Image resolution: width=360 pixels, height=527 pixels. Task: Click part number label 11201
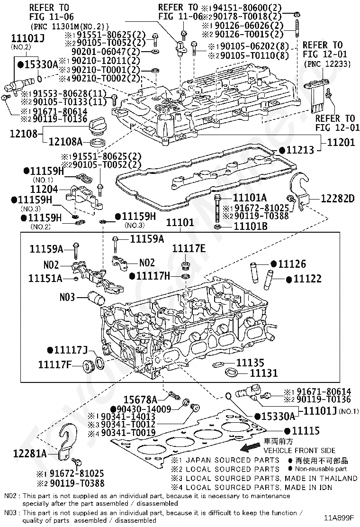[x=341, y=142]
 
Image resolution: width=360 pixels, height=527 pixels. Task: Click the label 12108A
[x=65, y=142]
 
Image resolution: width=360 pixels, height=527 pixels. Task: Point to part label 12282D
[x=337, y=198]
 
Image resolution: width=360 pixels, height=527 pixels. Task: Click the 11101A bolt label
[x=250, y=197]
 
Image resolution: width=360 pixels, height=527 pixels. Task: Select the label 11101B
[x=251, y=226]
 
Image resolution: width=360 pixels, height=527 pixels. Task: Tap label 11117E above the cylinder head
[x=189, y=248]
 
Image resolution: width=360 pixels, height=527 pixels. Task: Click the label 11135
[x=250, y=363]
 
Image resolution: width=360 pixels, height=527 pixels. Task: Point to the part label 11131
[x=264, y=373]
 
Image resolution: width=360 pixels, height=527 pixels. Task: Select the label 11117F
[x=55, y=364]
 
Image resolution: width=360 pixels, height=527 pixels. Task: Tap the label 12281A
[x=30, y=454]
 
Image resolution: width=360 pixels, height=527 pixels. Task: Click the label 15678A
[x=140, y=400]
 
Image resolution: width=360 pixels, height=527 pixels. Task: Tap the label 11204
[x=44, y=189]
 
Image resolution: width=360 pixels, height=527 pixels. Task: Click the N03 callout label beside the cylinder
[x=67, y=297]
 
